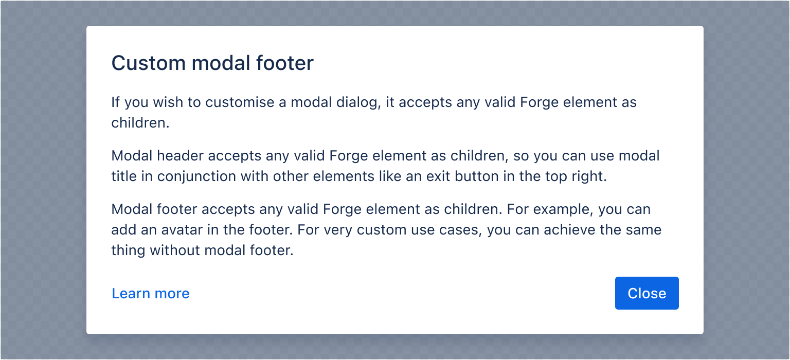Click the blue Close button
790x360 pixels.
click(647, 293)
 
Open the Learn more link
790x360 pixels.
click(151, 293)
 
